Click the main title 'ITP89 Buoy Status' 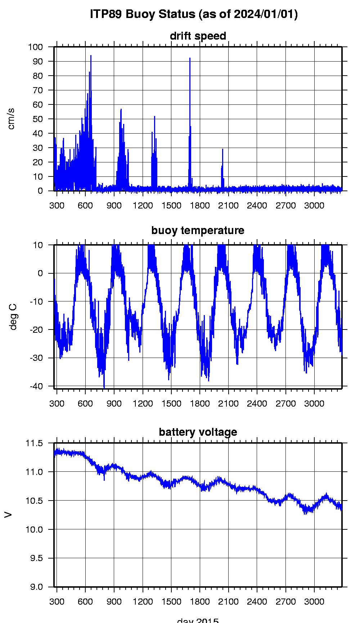(194, 14)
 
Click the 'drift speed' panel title (198, 36)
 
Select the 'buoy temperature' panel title (198, 230)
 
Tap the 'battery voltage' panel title (198, 432)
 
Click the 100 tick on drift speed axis (35, 47)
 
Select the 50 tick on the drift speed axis (37, 119)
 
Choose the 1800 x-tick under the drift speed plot (200, 206)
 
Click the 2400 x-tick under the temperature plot (257, 404)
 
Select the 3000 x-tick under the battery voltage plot (314, 601)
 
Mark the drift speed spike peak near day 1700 (190, 58)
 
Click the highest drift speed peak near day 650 (91, 55)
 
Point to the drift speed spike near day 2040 (222, 149)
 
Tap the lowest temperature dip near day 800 (104, 387)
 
